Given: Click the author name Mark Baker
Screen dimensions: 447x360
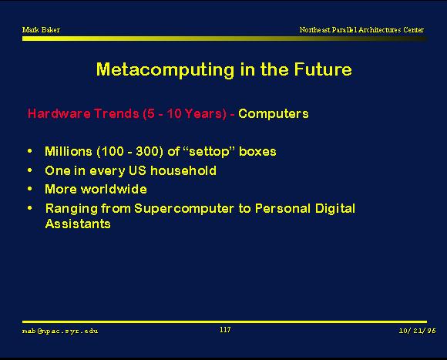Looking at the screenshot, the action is click(41, 29).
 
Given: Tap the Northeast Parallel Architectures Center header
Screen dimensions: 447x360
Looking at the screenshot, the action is click(361, 29).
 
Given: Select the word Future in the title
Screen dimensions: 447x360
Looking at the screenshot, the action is click(323, 69).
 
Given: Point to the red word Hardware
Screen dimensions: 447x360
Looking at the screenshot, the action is click(59, 113).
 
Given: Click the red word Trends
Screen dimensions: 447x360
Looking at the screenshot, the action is click(116, 113).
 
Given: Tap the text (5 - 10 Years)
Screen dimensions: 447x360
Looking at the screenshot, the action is click(185, 114).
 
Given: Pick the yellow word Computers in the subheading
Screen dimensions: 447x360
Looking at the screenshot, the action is click(273, 114).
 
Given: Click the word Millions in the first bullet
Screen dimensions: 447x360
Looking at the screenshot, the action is click(69, 151).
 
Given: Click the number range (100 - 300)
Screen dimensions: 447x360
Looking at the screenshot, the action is click(130, 152).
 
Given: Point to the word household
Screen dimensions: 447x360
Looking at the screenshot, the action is click(183, 170).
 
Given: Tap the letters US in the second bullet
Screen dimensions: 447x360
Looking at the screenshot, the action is click(137, 170).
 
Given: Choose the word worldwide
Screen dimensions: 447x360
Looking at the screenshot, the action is click(114, 190).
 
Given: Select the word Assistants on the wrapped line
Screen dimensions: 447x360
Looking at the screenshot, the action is click(78, 224).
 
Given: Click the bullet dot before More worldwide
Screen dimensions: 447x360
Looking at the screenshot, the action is click(30, 189).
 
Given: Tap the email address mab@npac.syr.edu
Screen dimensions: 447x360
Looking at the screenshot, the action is click(60, 331).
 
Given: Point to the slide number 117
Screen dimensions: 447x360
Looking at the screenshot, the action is click(225, 330).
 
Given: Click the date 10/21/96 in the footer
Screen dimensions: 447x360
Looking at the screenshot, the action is click(418, 331).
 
